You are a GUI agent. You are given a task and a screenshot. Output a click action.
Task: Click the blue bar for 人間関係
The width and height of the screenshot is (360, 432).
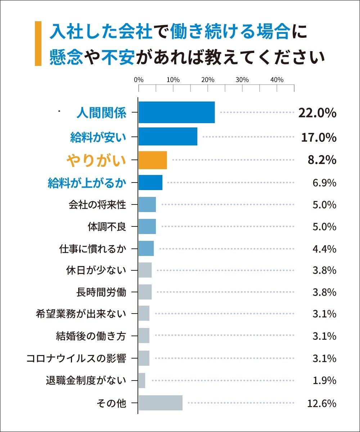[176, 112]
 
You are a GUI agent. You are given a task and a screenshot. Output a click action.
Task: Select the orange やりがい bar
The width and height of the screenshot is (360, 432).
[153, 160]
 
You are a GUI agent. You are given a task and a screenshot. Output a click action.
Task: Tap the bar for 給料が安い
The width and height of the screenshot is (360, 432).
[168, 136]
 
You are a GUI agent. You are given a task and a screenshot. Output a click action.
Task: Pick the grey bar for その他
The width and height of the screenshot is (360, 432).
[161, 403]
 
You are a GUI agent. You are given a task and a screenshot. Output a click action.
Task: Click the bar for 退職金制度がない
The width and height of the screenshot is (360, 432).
[142, 381]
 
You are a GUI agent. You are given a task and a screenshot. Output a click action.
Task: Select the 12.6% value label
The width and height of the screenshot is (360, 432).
[321, 403]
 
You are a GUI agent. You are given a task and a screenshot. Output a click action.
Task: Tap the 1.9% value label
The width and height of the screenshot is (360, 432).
[324, 381]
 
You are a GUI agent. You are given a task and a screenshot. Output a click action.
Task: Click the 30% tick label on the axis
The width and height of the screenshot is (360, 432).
[242, 80]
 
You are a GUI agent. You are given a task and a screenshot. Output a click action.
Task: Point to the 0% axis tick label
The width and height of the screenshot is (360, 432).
[139, 80]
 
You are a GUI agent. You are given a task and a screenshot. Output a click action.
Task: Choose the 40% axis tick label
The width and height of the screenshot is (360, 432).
[277, 80]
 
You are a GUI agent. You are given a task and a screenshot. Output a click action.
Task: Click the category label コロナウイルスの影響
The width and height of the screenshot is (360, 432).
[76, 359]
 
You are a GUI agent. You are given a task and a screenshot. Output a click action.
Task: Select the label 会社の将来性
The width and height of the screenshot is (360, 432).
[97, 205]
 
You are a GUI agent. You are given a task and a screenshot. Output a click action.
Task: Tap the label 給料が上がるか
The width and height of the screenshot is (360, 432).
[87, 183]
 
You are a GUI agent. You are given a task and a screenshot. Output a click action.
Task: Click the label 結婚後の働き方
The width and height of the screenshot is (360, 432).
[91, 336]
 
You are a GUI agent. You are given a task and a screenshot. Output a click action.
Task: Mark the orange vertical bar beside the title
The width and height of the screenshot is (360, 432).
[38, 44]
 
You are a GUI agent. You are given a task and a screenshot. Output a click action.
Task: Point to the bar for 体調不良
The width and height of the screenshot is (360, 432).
[147, 227]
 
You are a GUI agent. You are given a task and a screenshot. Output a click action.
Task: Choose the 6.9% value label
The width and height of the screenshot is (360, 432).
[324, 183]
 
